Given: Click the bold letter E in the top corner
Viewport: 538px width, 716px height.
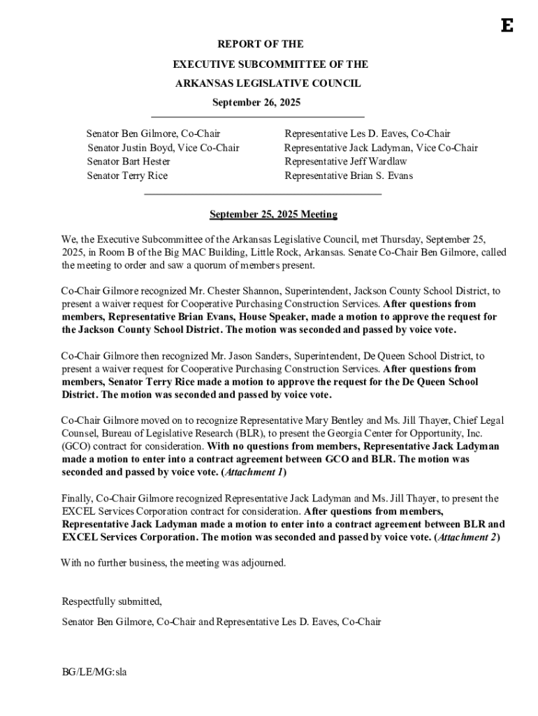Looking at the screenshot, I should [507, 26].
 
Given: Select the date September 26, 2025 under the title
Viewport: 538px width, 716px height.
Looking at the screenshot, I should [256, 102].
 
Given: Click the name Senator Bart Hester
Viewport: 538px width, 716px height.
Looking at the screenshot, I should [129, 162].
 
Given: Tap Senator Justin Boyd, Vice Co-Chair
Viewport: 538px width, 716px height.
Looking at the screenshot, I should [163, 148].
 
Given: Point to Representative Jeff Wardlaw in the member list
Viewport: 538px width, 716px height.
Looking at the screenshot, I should [346, 162].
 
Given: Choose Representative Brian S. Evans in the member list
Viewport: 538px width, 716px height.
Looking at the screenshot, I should [349, 176].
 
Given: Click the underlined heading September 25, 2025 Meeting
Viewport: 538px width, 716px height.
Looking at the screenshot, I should [274, 215].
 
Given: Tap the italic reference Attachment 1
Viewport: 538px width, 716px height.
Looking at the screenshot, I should [252, 473].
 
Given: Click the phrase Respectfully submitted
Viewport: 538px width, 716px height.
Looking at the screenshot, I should [112, 601].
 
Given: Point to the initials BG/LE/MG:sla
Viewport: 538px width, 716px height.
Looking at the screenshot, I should [94, 672].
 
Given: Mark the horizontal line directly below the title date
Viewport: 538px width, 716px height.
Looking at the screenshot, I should [258, 116].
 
